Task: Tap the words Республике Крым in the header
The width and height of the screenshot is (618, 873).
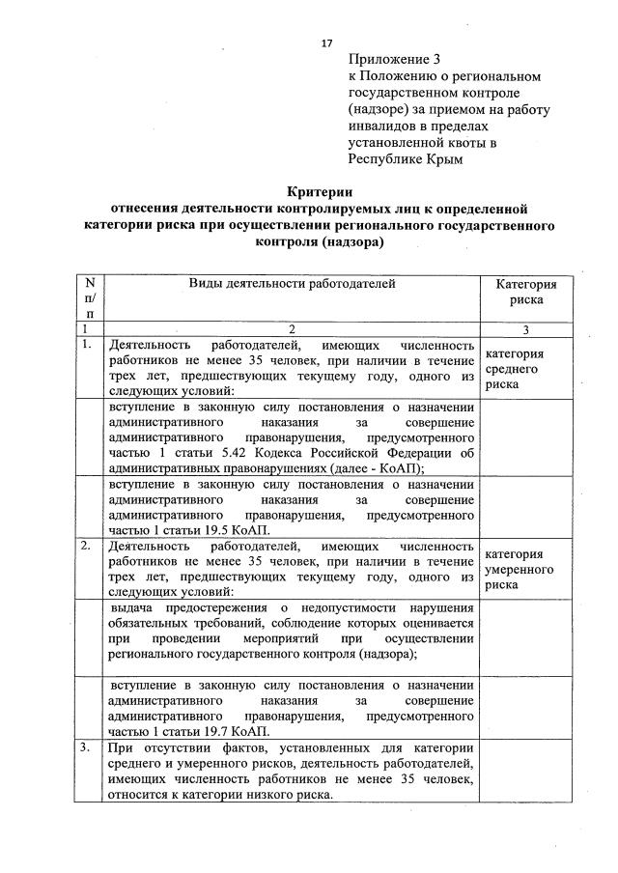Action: pyautogui.click(x=406, y=159)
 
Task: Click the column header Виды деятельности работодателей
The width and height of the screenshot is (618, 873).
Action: pyautogui.click(x=292, y=283)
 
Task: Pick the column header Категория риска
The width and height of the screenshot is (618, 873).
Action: pyautogui.click(x=526, y=292)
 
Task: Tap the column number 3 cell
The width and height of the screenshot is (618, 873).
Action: pyautogui.click(x=526, y=329)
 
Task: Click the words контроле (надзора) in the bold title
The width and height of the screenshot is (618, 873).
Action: pyautogui.click(x=320, y=242)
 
